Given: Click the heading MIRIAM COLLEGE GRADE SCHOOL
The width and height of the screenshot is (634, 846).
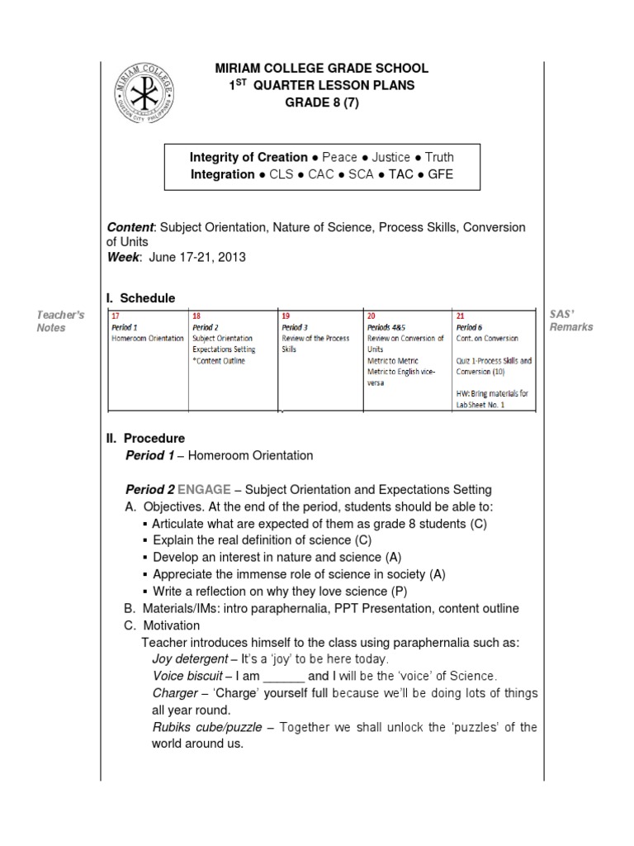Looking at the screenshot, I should (321, 69).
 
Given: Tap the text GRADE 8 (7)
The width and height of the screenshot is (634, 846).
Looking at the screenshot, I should (322, 102).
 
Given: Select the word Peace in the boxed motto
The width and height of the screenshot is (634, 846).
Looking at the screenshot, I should (339, 157).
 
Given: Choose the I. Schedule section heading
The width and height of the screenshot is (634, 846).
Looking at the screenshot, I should (141, 297).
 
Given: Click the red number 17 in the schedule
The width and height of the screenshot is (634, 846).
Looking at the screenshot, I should (116, 316).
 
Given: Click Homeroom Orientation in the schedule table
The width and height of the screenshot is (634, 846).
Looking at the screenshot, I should (148, 338).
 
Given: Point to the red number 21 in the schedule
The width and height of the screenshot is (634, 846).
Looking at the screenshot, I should (461, 316).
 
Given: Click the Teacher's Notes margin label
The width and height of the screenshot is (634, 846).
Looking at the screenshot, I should (61, 321).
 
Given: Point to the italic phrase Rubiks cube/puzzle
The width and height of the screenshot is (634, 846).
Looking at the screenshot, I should (207, 727).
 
